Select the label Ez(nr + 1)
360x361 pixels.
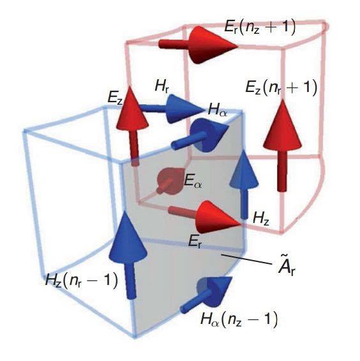tap(281, 88)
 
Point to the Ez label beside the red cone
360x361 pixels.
tap(115, 98)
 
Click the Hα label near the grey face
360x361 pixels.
tap(218, 110)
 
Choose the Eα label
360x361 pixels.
tap(193, 181)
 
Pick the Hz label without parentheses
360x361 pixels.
tap(261, 218)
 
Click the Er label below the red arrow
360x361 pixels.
tap(195, 242)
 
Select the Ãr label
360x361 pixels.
tap(287, 267)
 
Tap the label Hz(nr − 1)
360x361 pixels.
tap(82, 280)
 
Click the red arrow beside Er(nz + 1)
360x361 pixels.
tap(198, 45)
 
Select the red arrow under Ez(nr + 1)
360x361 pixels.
tap(282, 145)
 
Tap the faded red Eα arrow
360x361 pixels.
tap(170, 181)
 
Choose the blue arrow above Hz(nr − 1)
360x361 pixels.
tap(128, 255)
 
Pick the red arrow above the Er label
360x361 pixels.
tap(205, 217)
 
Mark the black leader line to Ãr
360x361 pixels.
tap(246, 259)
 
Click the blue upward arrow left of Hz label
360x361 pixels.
tap(244, 183)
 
